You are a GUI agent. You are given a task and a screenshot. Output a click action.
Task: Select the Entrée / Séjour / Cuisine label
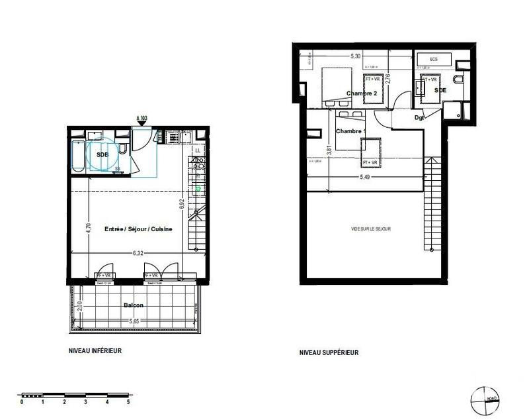coord(139,229)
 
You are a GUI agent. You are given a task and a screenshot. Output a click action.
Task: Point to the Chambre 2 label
coord(362,93)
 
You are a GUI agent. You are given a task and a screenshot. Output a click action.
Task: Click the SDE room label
coord(440,89)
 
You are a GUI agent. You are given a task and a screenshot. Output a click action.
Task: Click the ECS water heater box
coord(434,60)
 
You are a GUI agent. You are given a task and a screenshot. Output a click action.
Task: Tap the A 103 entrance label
coord(142,118)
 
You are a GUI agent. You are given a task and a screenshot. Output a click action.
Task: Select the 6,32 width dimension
coord(138,252)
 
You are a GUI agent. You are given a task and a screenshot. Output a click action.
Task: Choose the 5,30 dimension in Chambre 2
coord(355,56)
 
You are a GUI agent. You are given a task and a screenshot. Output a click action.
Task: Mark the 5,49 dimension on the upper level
coord(364,177)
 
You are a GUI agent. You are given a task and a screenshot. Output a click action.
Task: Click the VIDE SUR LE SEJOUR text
coord(371,229)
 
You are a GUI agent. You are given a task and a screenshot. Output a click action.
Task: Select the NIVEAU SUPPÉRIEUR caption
coord(329,353)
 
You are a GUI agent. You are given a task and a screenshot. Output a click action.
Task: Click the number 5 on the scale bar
coord(128,401)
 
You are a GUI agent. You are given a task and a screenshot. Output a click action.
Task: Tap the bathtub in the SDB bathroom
coord(78,156)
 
